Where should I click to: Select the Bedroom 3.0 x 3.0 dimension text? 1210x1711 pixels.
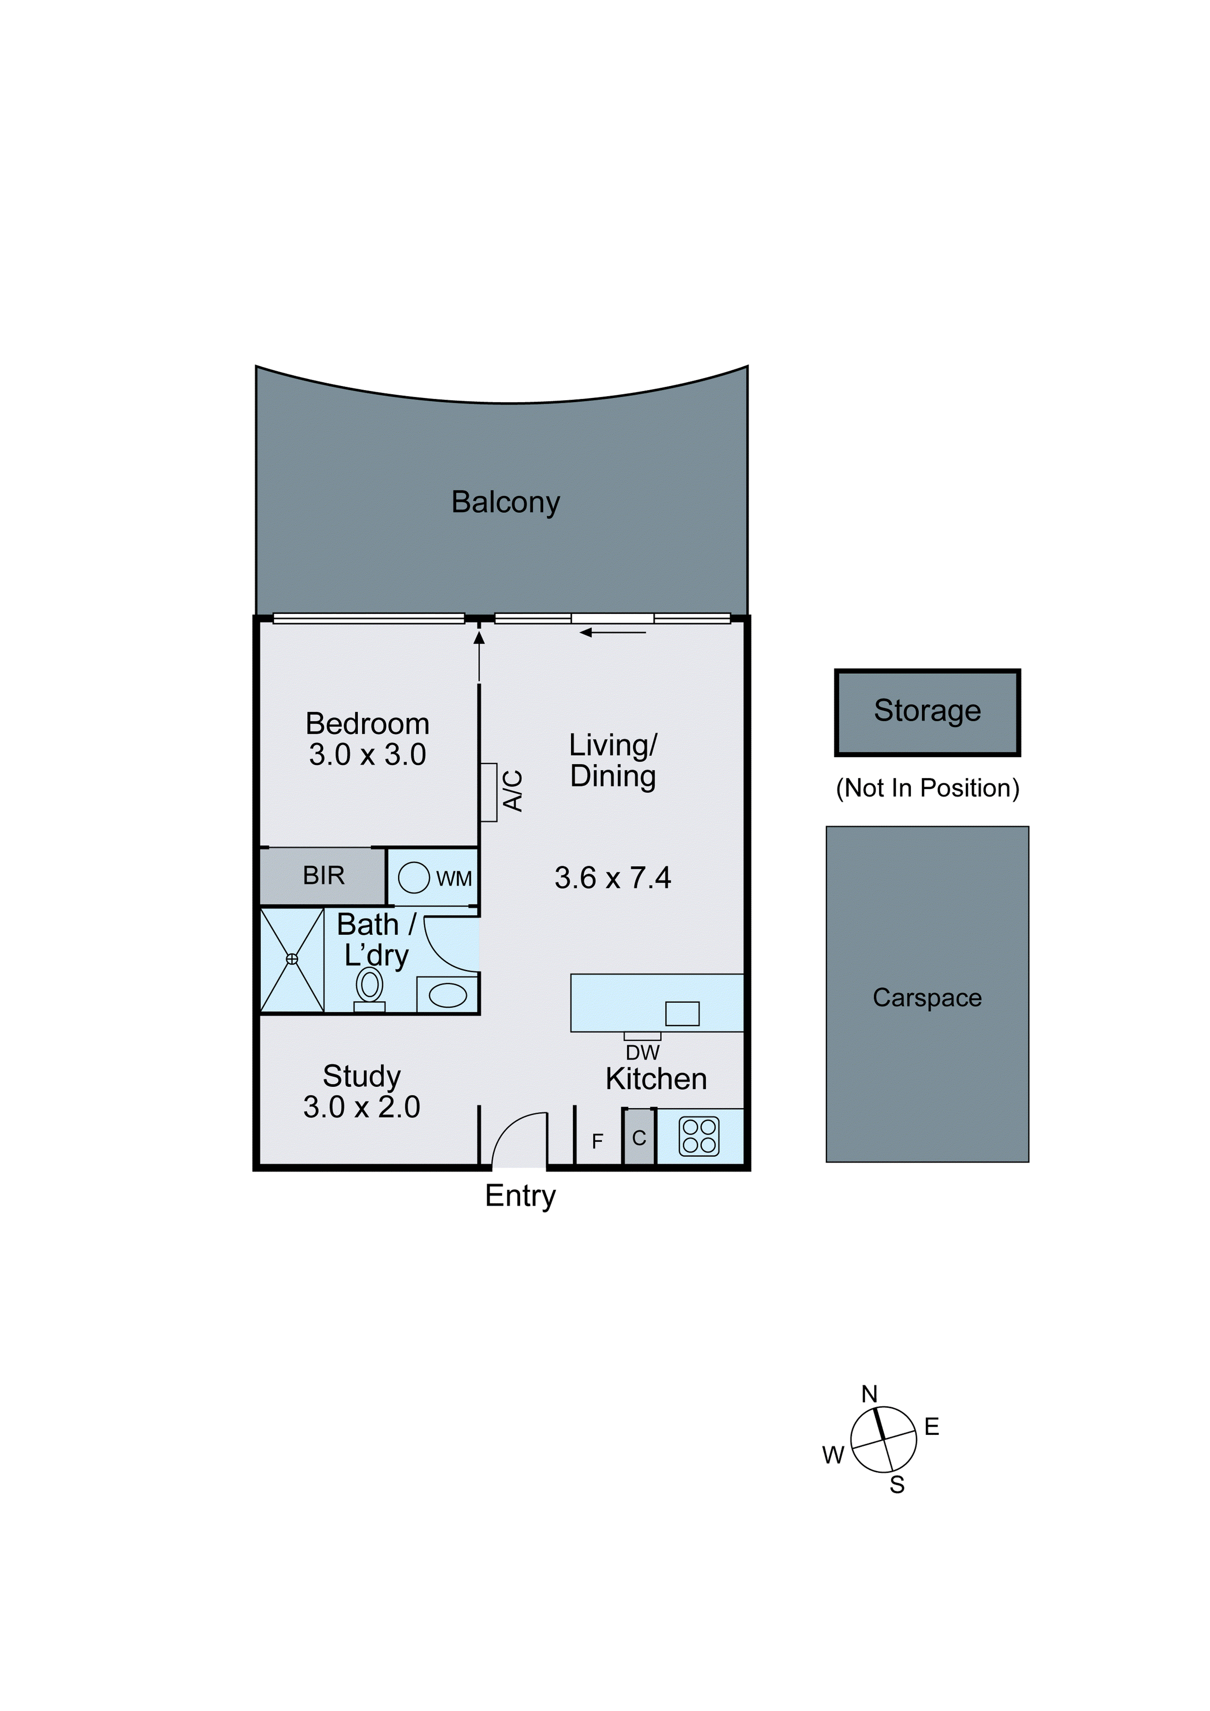click(x=367, y=755)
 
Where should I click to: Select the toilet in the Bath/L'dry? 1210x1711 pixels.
click(x=369, y=987)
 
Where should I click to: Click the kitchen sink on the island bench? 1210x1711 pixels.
click(x=682, y=1013)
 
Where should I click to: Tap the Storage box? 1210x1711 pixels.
click(x=927, y=713)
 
